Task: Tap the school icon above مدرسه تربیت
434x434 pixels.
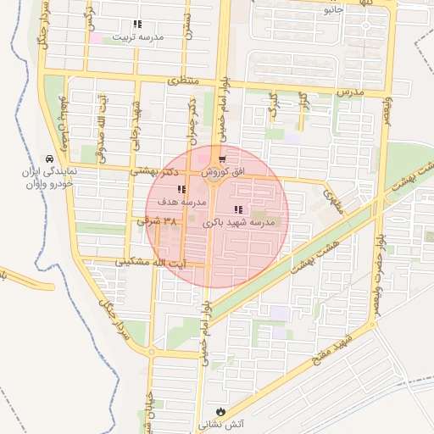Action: [x=137, y=25]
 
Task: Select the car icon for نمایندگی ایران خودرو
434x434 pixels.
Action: [x=50, y=159]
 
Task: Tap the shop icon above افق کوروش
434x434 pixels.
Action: [x=222, y=159]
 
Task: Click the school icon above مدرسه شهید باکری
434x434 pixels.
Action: [x=238, y=209]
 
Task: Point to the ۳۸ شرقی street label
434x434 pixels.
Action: [x=159, y=220]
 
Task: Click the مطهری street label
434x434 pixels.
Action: [x=330, y=199]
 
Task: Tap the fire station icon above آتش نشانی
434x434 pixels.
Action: [x=221, y=409]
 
